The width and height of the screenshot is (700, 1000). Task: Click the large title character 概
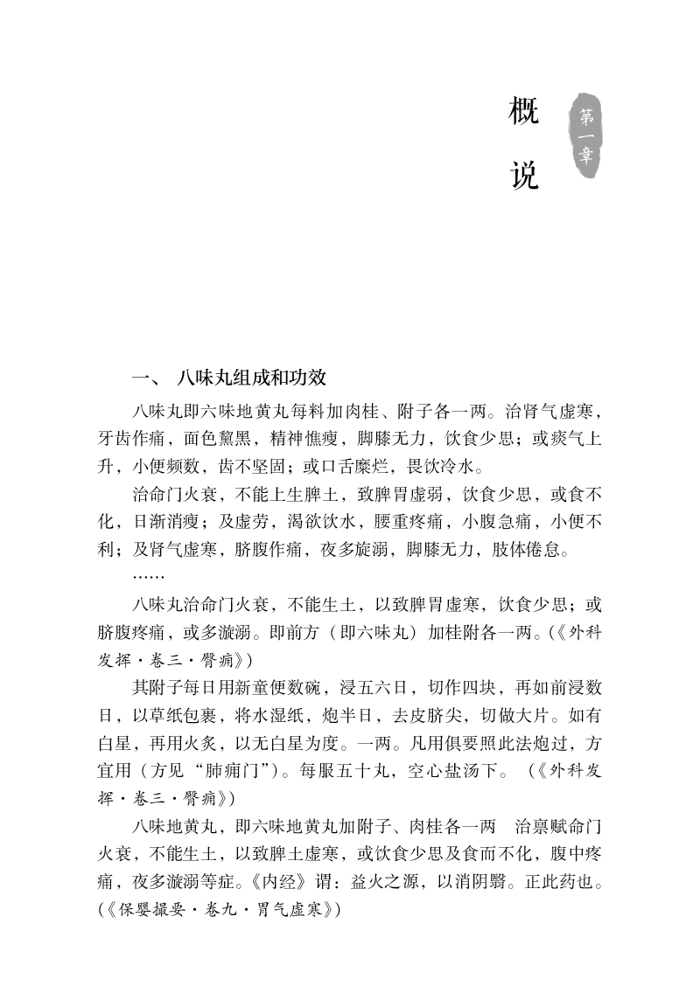point(524,113)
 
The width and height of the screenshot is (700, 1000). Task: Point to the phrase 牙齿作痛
point(127,436)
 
